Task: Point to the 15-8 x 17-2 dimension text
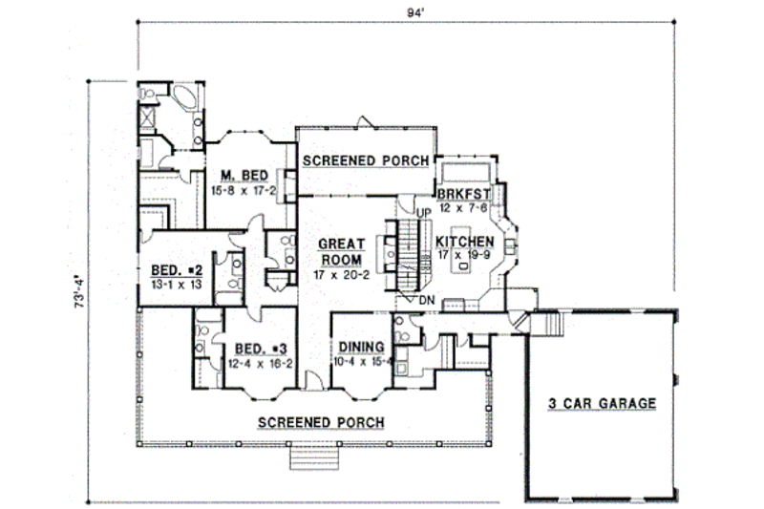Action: [243, 190]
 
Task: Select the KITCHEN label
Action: [465, 242]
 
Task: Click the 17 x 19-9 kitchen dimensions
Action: [465, 255]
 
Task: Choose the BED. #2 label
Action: [171, 269]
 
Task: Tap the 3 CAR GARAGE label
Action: [602, 404]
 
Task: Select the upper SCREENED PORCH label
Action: [365, 162]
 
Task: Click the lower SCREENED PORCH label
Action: [321, 422]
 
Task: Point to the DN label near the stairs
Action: [426, 299]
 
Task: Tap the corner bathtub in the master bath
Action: [183, 99]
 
